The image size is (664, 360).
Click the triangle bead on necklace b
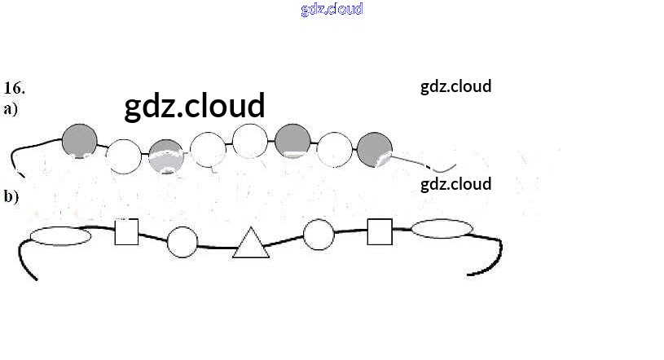point(251,244)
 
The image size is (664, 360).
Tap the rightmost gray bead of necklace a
point(375,150)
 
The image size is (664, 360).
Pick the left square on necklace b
point(126,231)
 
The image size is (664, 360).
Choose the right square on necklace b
point(380,231)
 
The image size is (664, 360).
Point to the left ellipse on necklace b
point(60,236)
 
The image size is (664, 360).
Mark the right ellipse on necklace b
point(442,229)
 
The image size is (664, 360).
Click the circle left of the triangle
point(182,242)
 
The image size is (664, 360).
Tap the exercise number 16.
point(15,87)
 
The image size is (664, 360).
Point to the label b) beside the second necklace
point(11,195)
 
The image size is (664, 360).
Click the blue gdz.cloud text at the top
point(332,10)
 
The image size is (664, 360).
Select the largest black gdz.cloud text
point(195,106)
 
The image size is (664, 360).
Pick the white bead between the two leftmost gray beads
point(125,156)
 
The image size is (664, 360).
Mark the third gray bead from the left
point(292,141)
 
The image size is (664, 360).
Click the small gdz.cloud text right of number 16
point(455,86)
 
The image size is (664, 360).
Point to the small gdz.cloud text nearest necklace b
point(455,184)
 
